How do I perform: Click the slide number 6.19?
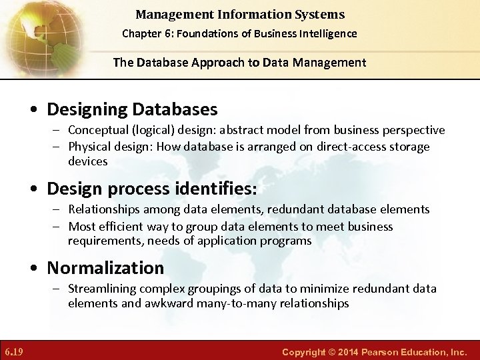13,351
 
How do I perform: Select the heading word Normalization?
105,268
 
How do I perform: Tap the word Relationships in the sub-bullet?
106,209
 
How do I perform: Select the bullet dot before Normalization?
33,269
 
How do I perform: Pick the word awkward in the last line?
217,303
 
